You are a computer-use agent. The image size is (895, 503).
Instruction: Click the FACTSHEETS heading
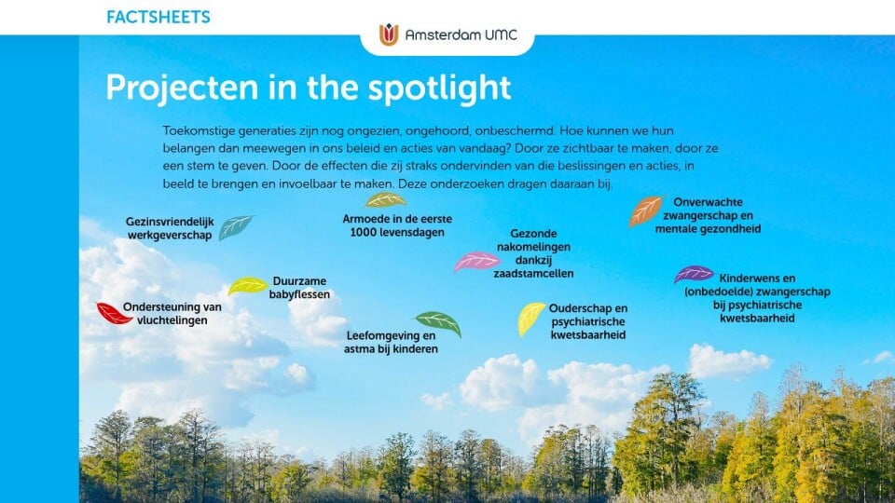click(x=158, y=17)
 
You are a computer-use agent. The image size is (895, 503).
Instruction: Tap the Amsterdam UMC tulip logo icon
click(x=389, y=34)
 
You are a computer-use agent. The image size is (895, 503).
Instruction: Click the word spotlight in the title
click(x=439, y=88)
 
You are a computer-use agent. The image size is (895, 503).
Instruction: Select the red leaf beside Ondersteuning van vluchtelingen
click(x=114, y=314)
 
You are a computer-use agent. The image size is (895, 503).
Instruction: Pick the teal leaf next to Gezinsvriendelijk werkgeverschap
click(x=235, y=227)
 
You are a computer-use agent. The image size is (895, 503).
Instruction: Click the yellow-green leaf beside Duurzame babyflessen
click(x=247, y=286)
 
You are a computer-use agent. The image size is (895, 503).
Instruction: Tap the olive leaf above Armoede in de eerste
click(x=385, y=200)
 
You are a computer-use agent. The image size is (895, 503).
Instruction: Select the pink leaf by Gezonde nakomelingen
click(x=476, y=262)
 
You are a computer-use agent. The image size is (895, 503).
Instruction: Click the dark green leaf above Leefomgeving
click(x=439, y=323)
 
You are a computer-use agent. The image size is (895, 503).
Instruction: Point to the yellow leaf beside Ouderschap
click(x=530, y=319)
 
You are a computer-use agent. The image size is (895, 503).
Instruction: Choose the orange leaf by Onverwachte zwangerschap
click(x=645, y=211)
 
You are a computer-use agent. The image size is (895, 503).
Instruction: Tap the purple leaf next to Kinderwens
click(x=694, y=274)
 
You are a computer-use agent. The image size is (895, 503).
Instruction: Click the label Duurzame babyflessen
click(x=299, y=288)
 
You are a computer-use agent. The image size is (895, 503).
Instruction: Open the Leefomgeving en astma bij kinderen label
click(x=391, y=342)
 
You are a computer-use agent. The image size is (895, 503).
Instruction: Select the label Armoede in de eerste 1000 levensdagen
click(x=397, y=225)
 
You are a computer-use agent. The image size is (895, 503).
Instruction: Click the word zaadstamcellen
click(x=533, y=274)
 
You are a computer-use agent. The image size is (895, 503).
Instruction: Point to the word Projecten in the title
click(x=182, y=88)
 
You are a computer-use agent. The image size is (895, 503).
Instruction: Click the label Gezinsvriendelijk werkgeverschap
click(x=170, y=228)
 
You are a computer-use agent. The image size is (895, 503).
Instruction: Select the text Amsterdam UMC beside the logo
click(x=461, y=34)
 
